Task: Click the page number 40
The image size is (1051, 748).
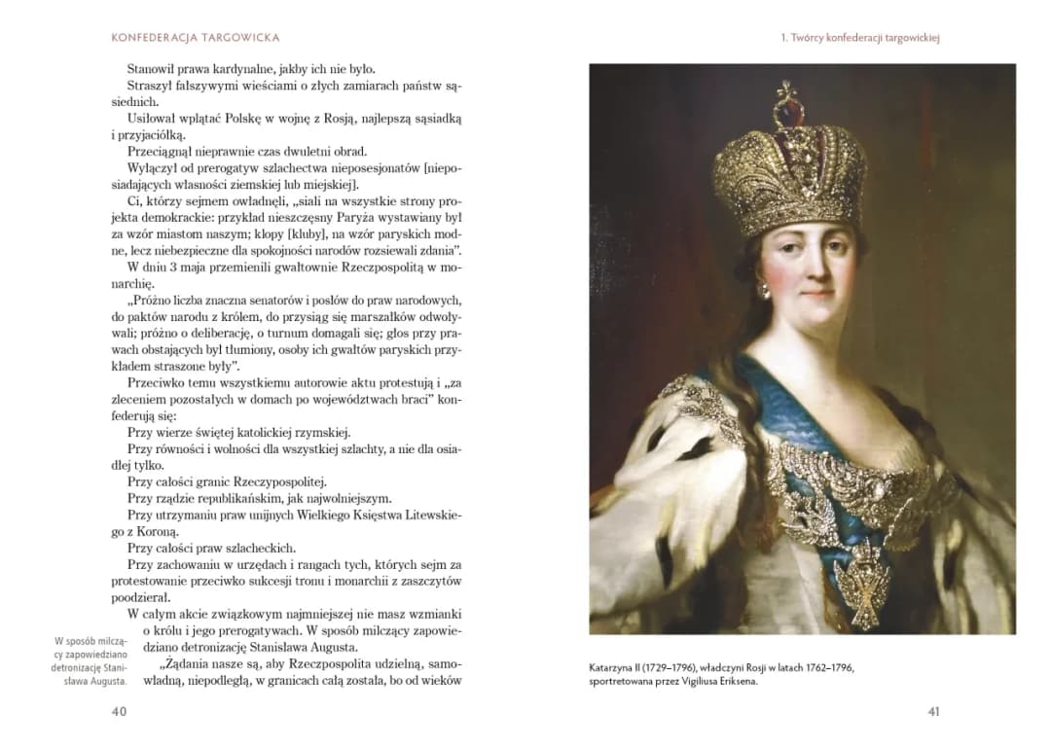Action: (119, 712)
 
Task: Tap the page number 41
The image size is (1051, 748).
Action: (933, 712)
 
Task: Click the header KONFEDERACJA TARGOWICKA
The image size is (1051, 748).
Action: (196, 38)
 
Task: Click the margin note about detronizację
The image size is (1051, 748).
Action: (91, 660)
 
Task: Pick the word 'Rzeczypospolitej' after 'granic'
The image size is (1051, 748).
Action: (277, 481)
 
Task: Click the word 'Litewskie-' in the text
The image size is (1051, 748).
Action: (425, 515)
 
